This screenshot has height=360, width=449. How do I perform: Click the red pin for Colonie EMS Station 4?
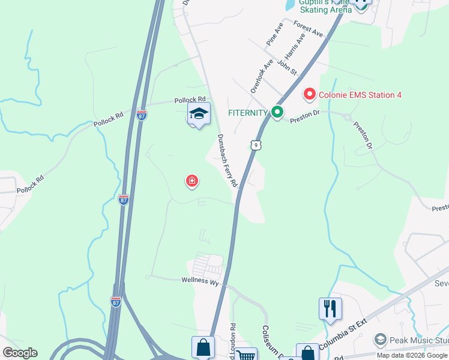(309, 94)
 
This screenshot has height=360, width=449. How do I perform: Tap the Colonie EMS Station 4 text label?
(360, 95)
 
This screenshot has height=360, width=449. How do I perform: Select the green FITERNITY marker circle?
(277, 112)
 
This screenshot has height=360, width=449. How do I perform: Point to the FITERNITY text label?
(247, 112)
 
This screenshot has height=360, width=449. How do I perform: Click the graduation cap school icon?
(199, 113)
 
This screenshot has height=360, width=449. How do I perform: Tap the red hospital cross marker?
(191, 181)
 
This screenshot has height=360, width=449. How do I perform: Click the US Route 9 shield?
(256, 145)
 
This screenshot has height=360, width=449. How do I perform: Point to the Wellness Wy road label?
(200, 280)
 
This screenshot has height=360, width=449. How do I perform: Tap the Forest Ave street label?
(309, 28)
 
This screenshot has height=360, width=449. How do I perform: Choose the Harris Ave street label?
(297, 44)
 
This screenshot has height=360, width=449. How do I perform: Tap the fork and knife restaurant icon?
(330, 308)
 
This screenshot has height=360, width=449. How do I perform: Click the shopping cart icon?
(246, 355)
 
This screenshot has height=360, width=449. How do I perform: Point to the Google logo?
(20, 353)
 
